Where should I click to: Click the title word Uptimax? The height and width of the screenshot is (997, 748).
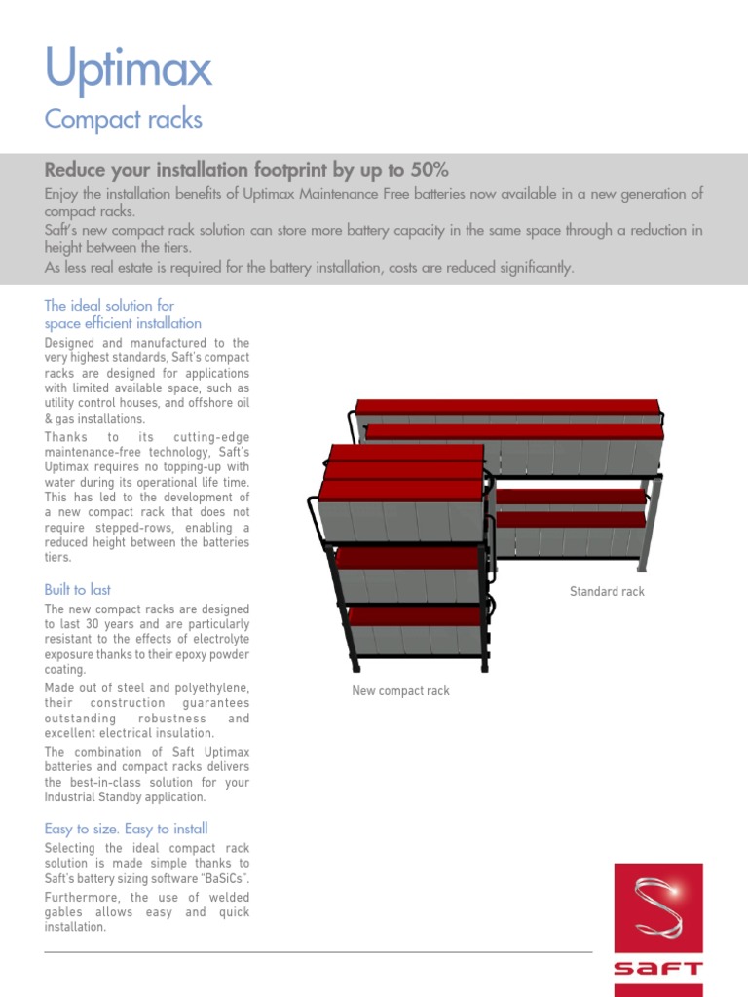click(x=128, y=70)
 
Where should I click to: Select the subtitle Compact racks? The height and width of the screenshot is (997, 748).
click(x=124, y=120)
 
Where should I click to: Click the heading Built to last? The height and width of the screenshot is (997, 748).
click(x=78, y=589)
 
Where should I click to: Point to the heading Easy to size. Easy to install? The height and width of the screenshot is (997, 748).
click(x=126, y=829)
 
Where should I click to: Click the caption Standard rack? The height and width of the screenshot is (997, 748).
click(x=607, y=591)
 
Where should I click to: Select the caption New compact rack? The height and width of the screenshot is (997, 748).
click(x=400, y=690)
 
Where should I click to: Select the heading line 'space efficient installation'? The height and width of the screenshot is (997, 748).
click(x=123, y=323)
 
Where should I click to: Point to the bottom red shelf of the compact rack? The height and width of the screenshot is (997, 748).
click(x=415, y=616)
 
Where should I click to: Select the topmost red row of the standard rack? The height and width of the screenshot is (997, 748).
click(x=506, y=407)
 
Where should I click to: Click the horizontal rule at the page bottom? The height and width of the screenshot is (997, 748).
click(x=318, y=952)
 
